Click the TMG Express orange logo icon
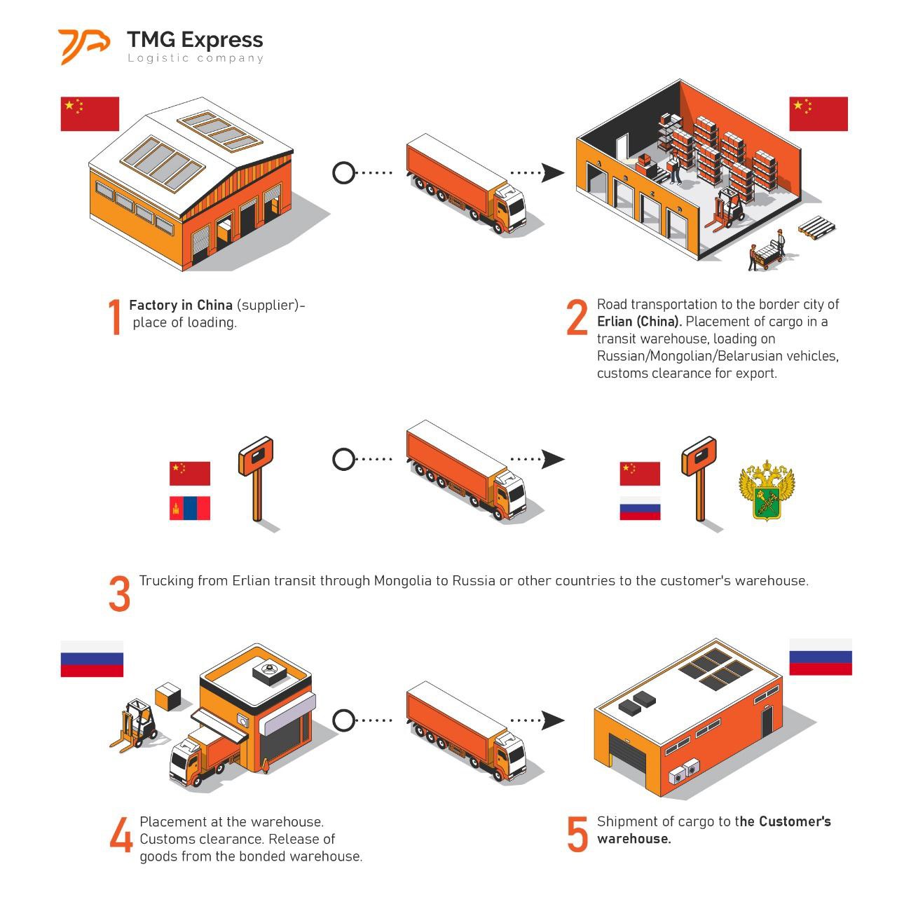[83, 47]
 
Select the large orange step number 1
[115, 316]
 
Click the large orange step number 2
[577, 317]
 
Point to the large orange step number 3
[120, 594]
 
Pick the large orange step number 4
[121, 835]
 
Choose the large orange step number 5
[577, 835]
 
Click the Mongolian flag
[190, 508]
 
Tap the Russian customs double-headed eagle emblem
[767, 491]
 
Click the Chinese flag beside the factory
[90, 114]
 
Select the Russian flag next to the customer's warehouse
[821, 657]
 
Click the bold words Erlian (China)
[639, 322]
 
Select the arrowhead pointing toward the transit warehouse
[553, 172]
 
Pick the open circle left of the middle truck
[343, 460]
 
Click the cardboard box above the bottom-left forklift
[168, 696]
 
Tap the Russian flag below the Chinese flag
[640, 508]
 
